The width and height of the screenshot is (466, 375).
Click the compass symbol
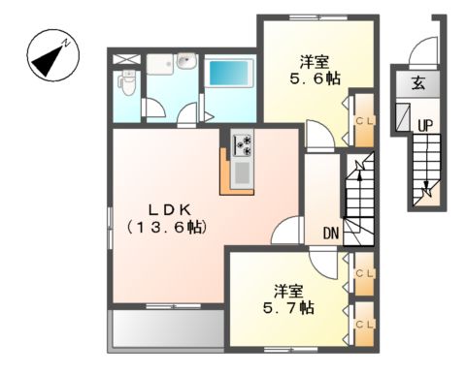[x=48, y=56]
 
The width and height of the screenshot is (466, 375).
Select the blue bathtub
[x=225, y=76]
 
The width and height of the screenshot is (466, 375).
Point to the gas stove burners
[x=242, y=145]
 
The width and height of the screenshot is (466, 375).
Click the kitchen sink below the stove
[x=242, y=172]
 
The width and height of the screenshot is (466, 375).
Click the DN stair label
[x=330, y=233]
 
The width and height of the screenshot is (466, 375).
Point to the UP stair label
[x=425, y=124]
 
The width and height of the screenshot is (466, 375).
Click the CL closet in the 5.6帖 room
[x=363, y=120]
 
